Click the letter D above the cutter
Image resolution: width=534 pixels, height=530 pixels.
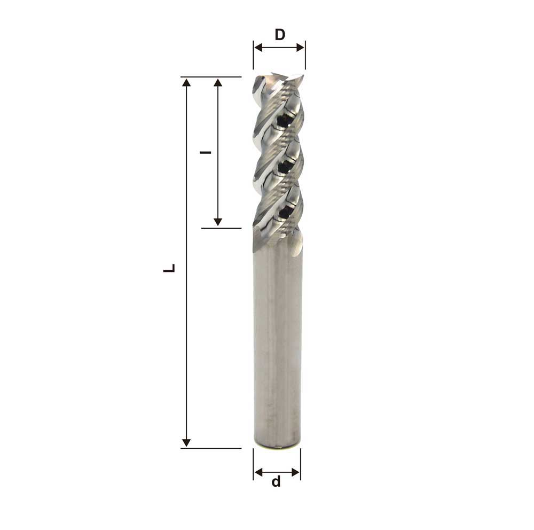coord(280,35)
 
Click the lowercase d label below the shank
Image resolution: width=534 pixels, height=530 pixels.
coord(276,482)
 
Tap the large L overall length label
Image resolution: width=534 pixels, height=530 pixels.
coord(169,268)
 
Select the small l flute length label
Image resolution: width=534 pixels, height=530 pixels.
coord(204,152)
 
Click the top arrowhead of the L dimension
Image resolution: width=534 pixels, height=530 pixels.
coord(186,82)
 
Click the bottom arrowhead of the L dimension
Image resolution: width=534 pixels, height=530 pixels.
coord(186,442)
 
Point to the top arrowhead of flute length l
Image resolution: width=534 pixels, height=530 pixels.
coord(217,82)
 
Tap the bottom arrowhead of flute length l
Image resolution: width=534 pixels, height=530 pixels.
coord(217,222)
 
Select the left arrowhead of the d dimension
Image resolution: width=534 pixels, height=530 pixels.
coord(258,472)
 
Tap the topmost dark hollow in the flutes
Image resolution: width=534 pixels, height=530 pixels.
coord(283,121)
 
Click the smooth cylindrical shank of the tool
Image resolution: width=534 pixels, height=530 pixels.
coord(277,342)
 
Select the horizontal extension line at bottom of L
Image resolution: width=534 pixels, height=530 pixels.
coord(211,448)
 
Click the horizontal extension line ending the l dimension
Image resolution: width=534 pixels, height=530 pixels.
coord(221,228)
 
